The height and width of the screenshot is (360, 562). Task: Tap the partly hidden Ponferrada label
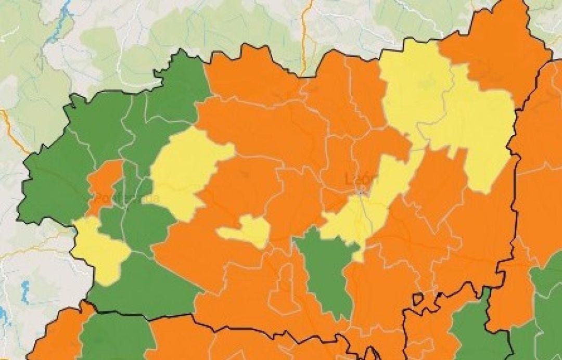point(125,199)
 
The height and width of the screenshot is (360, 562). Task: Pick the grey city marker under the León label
point(362,193)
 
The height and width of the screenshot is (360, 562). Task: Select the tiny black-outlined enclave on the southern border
point(417,299)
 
